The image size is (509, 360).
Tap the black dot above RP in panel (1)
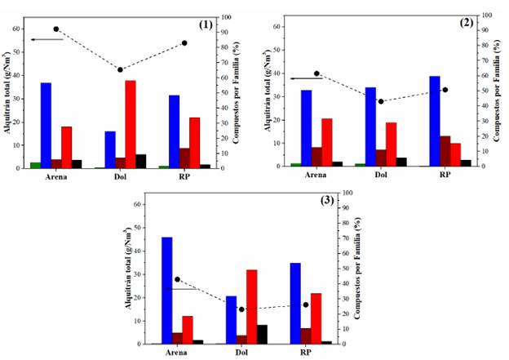point(184,43)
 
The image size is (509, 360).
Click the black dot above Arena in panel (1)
point(56,29)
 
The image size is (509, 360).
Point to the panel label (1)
point(206,24)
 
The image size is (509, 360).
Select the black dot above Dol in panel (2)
point(380,101)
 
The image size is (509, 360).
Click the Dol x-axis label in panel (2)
point(380,175)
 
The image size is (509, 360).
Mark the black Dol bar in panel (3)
point(262,334)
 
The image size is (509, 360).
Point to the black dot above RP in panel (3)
point(306,304)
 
